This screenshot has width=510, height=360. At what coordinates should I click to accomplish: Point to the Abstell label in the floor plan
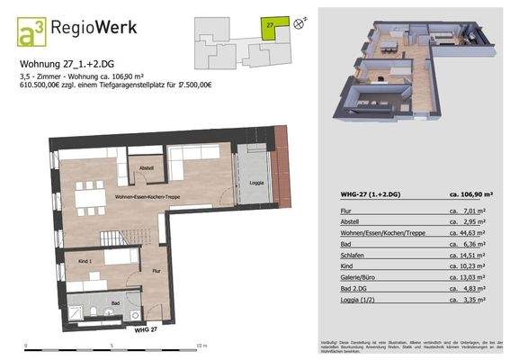[x=147, y=168]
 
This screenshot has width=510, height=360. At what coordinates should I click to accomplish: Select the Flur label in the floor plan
[x=157, y=269]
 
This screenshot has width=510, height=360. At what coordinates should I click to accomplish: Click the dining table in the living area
[x=87, y=196]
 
